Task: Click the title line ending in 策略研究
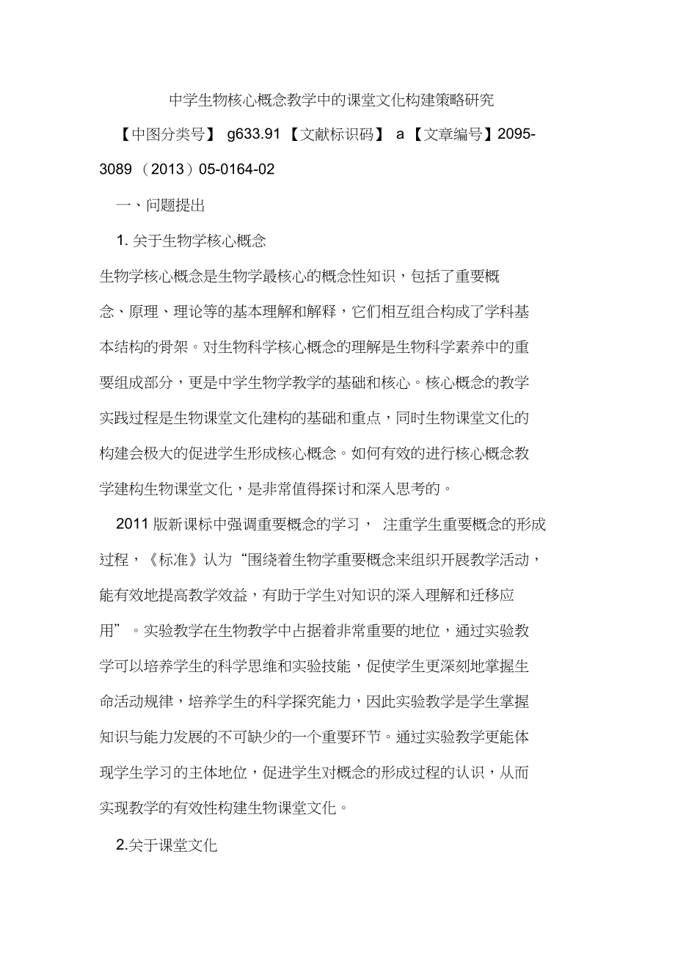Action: tap(332, 100)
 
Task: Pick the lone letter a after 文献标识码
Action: tap(400, 134)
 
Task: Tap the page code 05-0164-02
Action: tap(236, 169)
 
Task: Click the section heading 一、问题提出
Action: tap(161, 205)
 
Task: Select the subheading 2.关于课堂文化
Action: tap(167, 845)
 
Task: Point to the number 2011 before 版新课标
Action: tap(133, 524)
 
